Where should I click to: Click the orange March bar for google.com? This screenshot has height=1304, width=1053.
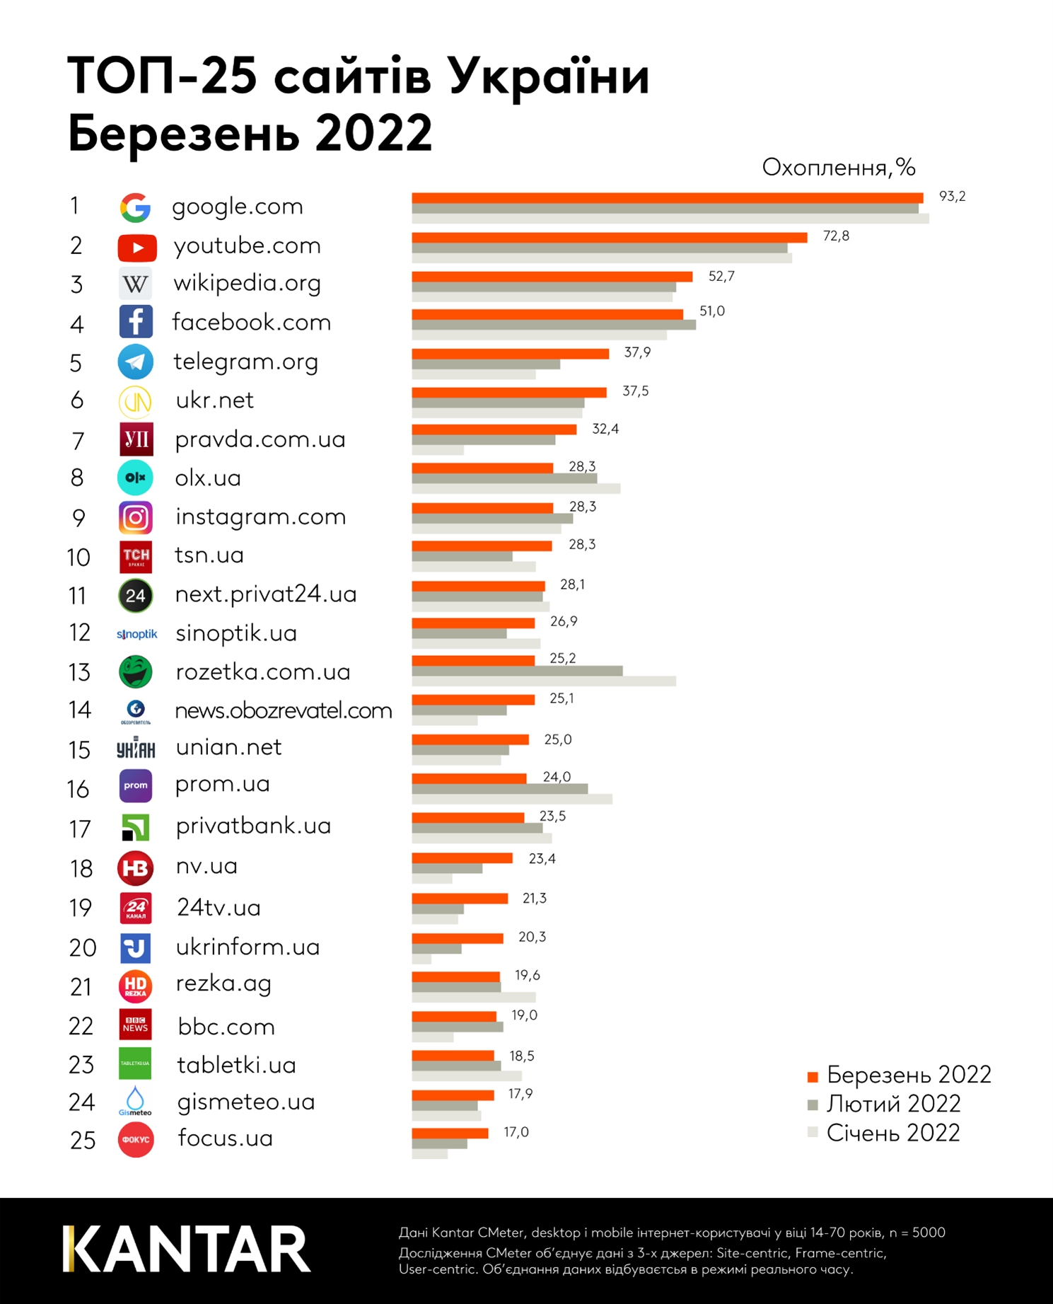point(667,198)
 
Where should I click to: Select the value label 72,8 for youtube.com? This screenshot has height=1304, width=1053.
point(836,236)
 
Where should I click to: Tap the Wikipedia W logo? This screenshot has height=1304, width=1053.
point(135,284)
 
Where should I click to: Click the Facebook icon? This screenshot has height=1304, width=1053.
point(136,322)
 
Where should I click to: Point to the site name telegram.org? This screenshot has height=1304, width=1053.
point(245,362)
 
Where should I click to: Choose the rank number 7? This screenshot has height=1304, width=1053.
point(78,441)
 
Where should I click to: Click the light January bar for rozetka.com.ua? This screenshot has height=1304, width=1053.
point(543,681)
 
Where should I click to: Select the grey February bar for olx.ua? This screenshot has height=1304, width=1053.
point(504,478)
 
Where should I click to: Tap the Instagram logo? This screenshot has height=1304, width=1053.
point(135,518)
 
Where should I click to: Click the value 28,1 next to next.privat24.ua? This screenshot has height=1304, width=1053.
point(572,584)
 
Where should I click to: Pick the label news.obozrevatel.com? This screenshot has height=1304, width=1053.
point(283,710)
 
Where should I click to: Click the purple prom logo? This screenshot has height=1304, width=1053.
point(136,786)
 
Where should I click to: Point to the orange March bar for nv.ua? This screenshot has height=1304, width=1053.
point(462,858)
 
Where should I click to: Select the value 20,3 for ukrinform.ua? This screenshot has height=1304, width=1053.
point(532,937)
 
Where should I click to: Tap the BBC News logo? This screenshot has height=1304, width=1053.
point(135,1025)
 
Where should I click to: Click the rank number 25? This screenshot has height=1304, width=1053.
point(83,1141)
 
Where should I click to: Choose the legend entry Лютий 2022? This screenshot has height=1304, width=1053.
point(893,1104)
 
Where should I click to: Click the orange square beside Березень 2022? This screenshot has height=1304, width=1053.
point(813,1077)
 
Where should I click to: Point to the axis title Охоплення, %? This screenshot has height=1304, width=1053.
point(838,168)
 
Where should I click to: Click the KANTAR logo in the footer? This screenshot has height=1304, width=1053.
point(187,1250)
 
